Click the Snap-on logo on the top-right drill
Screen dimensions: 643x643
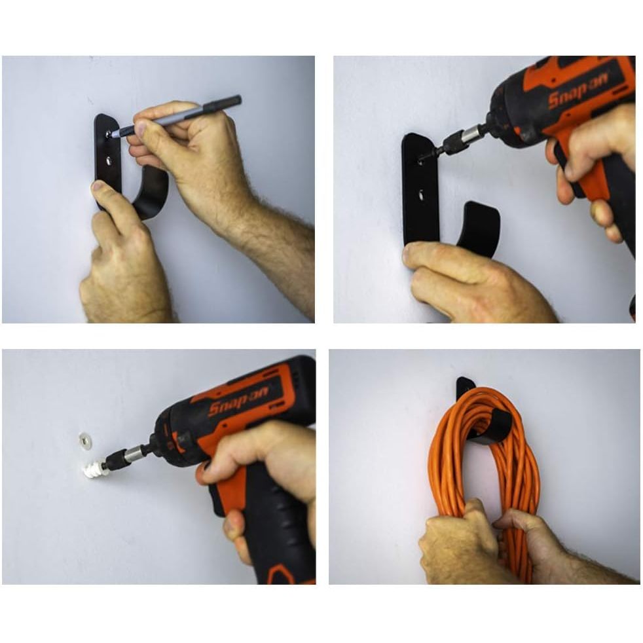click(578, 93)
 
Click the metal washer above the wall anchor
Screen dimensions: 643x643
click(85, 441)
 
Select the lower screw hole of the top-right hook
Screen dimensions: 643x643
click(421, 196)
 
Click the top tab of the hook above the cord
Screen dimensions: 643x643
click(466, 384)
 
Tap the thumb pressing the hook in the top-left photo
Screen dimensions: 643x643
click(103, 193)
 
